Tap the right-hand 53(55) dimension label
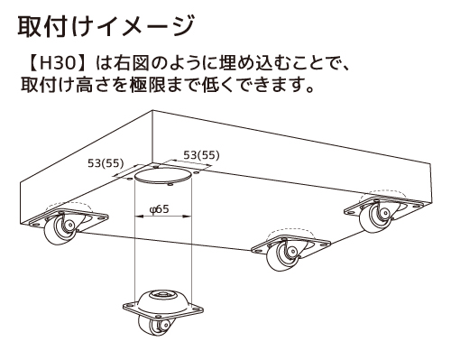[x=201, y=155]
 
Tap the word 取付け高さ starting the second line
[x=61, y=89]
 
